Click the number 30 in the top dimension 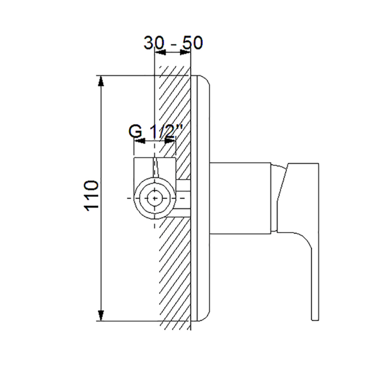[154, 43]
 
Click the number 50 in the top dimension [192, 43]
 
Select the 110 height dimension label [91, 196]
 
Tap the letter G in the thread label [136, 131]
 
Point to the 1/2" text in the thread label [166, 131]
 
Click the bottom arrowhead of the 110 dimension [101, 315]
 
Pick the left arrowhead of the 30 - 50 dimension [160, 52]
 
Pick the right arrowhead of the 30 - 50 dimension [185, 52]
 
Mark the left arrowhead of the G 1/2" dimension [140, 141]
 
